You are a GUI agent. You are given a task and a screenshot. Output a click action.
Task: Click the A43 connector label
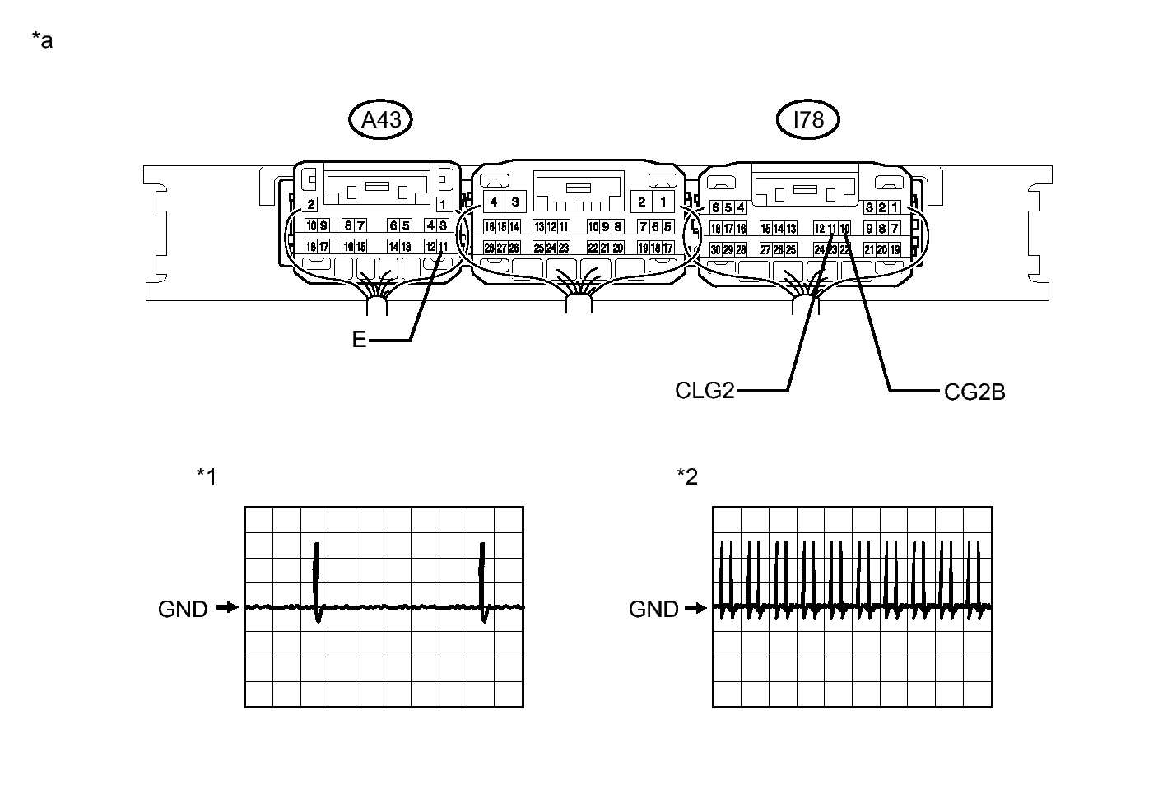tap(381, 120)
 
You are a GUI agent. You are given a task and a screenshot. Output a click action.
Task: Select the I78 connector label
tap(807, 120)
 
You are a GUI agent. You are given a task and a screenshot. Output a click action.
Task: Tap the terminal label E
tap(359, 339)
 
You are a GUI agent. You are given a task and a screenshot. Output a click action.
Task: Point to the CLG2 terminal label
tap(704, 390)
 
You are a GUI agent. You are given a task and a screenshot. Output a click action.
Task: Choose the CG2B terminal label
tap(974, 392)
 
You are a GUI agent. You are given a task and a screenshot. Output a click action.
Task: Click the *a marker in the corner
tap(42, 39)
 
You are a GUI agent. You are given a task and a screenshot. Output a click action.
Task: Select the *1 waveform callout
tap(207, 476)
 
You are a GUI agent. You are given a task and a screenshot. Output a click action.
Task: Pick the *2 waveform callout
tap(686, 476)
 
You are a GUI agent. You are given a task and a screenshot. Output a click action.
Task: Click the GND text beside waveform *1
tap(183, 609)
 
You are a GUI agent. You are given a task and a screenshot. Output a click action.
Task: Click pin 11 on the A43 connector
tap(444, 246)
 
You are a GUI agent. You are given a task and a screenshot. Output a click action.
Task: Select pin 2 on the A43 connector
tap(310, 204)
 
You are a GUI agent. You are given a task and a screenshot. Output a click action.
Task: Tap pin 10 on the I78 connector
tap(845, 228)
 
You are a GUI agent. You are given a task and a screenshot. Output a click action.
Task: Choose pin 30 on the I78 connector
tap(715, 249)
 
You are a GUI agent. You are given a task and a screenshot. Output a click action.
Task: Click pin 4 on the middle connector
tap(494, 202)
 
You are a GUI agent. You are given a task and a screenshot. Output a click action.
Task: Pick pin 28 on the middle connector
tap(489, 248)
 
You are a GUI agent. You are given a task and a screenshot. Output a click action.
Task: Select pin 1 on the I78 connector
tap(895, 207)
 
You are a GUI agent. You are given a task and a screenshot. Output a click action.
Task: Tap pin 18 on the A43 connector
tap(311, 246)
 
